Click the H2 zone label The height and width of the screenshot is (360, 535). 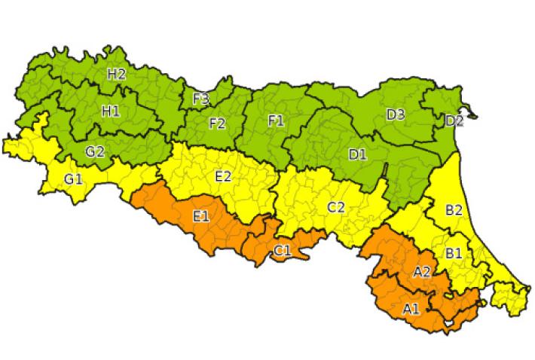pos(116,74)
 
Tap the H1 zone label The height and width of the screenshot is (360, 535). pos(111,111)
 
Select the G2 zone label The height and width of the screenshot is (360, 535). pos(94,151)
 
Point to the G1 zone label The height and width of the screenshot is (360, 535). pos(74,178)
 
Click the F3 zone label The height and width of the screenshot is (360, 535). pos(201,99)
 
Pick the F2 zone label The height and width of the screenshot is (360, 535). pos(217,123)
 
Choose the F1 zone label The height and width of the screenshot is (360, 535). pos(277,120)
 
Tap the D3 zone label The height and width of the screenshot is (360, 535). pos(396,114)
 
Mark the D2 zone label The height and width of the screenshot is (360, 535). pos(454,121)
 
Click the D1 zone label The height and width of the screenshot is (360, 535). pos(357,154)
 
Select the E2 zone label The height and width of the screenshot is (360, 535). pos(224,176)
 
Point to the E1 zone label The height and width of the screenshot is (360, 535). pos(201,217)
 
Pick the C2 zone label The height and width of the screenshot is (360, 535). pos(335,207)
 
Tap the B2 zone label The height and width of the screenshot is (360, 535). pos(453,210)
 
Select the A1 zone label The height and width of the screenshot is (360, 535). pos(411,308)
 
